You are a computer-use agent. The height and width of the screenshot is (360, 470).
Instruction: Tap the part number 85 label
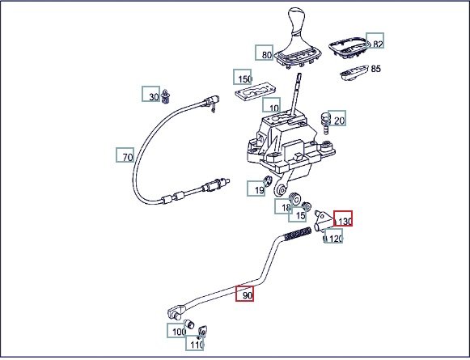click(x=376, y=69)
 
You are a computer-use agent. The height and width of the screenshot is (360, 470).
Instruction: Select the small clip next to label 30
click(x=166, y=96)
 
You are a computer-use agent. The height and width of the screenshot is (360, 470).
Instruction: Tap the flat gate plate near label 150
click(x=255, y=91)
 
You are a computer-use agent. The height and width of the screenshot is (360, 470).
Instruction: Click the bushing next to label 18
click(x=295, y=199)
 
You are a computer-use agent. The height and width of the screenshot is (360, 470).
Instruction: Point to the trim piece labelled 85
click(x=354, y=73)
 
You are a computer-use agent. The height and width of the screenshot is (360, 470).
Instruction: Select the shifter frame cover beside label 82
click(x=349, y=47)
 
